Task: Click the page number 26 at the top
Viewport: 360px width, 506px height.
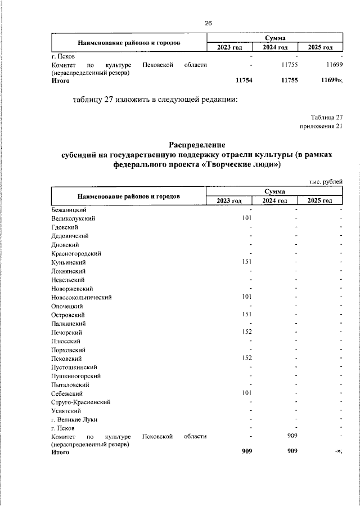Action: tap(208, 23)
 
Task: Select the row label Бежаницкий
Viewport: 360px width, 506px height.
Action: tap(68, 209)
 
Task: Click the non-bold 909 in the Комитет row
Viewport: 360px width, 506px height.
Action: tap(292, 436)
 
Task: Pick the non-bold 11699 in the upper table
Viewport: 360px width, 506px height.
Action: tap(333, 65)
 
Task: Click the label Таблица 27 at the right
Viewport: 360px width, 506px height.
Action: tap(326, 117)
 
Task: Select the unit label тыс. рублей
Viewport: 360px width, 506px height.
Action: tap(326, 181)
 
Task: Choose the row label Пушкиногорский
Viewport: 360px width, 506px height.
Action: tap(75, 375)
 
